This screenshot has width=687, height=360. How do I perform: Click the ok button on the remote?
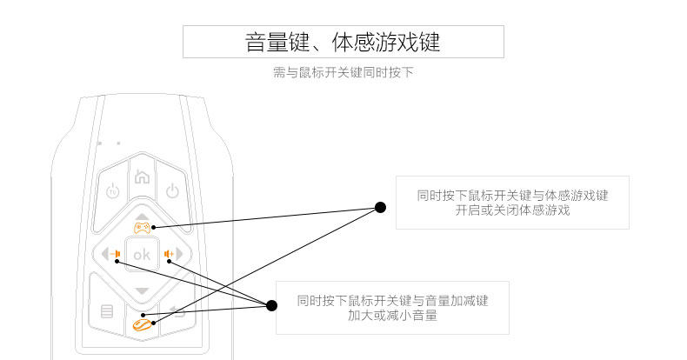tap(141, 255)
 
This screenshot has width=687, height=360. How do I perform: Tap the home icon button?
tap(142, 177)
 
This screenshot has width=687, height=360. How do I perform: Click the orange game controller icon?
tap(142, 228)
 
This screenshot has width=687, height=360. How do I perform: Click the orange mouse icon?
tap(141, 323)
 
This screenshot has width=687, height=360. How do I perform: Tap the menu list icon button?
tap(107, 310)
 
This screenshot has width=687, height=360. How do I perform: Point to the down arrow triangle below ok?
tap(142, 290)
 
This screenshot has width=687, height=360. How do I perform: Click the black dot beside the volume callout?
tap(271, 305)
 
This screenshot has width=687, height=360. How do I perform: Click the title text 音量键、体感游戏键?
tap(343, 42)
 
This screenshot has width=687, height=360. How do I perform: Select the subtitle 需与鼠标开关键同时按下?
tap(343, 73)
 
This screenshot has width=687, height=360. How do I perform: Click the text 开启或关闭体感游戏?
tap(512, 211)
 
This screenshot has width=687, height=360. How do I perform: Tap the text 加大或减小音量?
tap(392, 317)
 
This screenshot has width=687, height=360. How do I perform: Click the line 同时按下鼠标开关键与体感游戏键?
tap(512, 196)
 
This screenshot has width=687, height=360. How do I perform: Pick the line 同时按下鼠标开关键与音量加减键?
tap(392, 301)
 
